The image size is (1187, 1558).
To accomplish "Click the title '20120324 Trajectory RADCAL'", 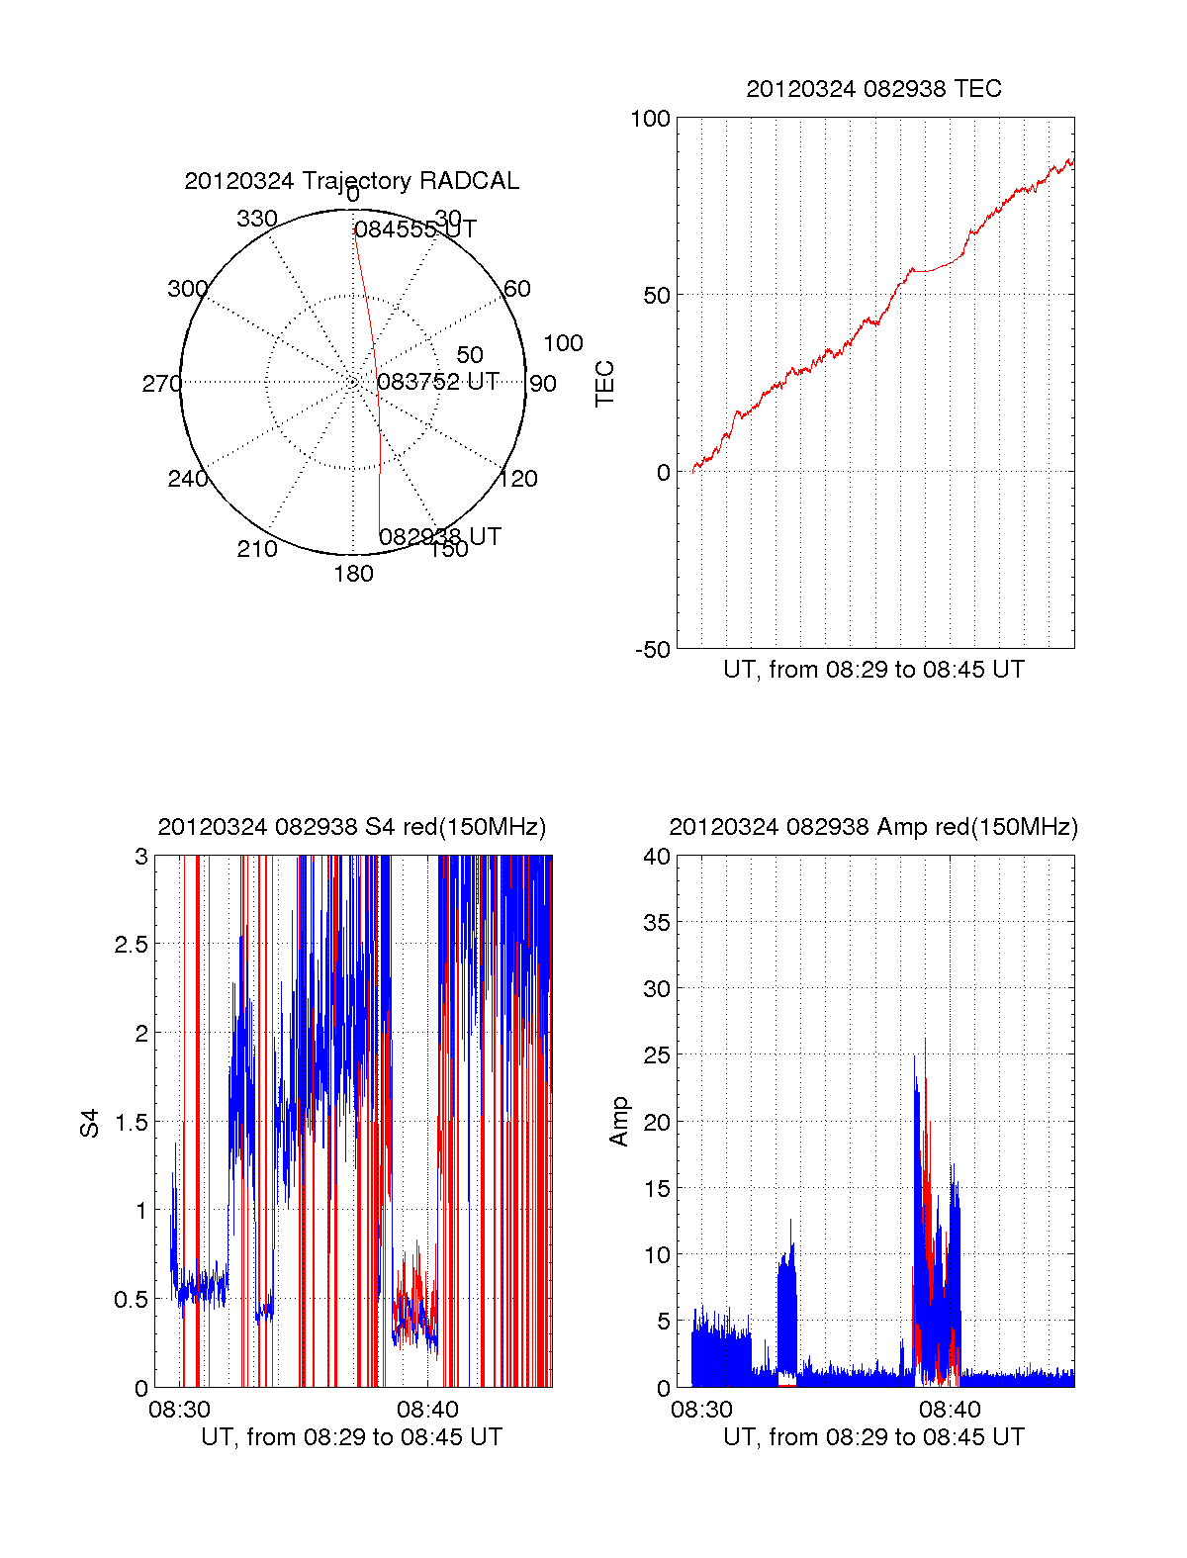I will (351, 181).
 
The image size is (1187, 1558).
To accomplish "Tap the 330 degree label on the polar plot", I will (257, 219).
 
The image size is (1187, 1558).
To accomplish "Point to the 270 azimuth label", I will (161, 384).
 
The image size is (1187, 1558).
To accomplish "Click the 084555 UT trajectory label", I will (415, 229).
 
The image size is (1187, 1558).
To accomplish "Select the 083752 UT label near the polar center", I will (438, 382).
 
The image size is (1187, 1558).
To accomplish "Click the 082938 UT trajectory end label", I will (440, 536).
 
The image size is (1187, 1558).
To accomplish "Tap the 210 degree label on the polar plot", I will (257, 549).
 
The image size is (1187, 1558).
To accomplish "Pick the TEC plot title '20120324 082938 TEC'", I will (873, 89).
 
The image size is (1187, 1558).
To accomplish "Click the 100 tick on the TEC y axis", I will (650, 119).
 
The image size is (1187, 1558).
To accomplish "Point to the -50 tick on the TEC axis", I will (652, 650).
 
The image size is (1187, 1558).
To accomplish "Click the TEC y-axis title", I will (604, 384).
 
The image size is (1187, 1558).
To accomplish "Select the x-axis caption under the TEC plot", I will (873, 670).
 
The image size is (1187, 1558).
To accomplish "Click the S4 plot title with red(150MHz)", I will (351, 827).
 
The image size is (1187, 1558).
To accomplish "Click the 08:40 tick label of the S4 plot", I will (427, 1409).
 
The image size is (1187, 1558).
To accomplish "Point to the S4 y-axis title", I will (90, 1123).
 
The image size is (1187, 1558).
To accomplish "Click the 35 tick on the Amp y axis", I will (657, 923).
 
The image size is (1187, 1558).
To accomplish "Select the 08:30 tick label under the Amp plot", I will (701, 1409).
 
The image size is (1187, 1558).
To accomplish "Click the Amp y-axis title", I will (619, 1122).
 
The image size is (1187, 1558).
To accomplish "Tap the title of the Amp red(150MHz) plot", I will (873, 827).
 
